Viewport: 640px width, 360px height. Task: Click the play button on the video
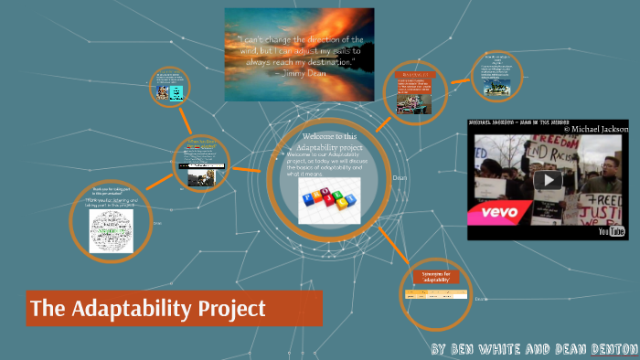549,180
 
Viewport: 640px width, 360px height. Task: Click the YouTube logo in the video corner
610,231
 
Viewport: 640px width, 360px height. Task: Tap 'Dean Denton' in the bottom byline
586,350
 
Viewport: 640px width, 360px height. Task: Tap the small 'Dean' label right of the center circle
400,178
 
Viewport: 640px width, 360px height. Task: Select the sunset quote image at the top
299,54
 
